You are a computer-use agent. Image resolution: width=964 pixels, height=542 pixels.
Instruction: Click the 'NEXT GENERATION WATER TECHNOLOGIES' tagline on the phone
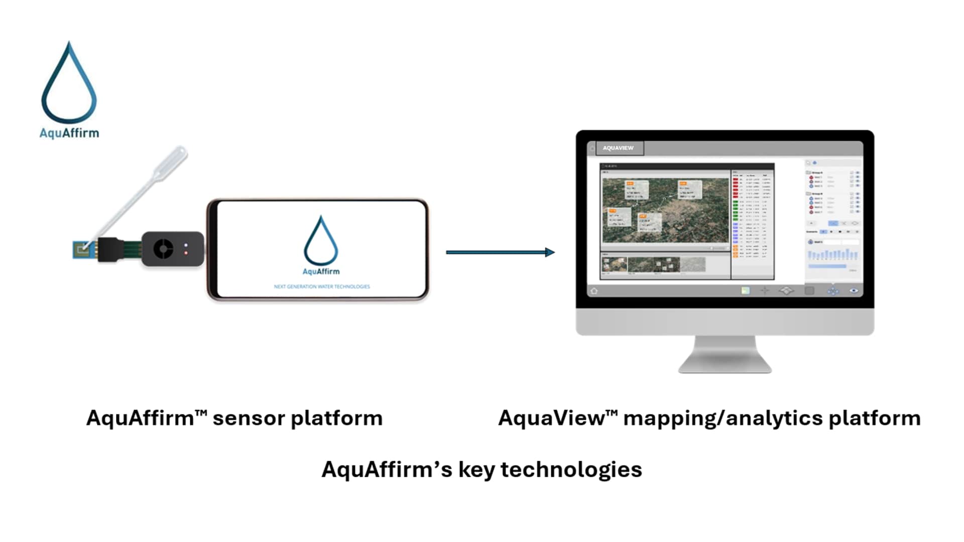pos(322,287)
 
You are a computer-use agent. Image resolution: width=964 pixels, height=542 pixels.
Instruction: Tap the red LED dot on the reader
pos(186,252)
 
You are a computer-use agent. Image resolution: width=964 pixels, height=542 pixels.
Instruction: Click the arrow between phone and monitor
pos(500,252)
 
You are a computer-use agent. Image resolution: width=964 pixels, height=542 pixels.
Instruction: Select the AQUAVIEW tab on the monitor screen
pos(618,148)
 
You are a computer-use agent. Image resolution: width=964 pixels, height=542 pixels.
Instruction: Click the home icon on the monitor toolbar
pos(594,291)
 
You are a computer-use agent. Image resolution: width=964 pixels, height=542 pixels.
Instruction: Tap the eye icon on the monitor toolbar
pos(854,291)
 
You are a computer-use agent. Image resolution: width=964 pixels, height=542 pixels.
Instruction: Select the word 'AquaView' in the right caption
pos(551,418)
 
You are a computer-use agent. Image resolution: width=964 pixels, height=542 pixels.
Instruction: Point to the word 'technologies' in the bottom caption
pos(571,470)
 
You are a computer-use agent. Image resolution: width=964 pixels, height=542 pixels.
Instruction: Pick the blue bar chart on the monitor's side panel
pos(832,254)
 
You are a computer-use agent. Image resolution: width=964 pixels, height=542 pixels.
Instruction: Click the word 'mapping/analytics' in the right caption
pos(723,419)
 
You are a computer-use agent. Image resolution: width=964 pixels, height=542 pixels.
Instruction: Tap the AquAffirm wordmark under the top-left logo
pos(69,133)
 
